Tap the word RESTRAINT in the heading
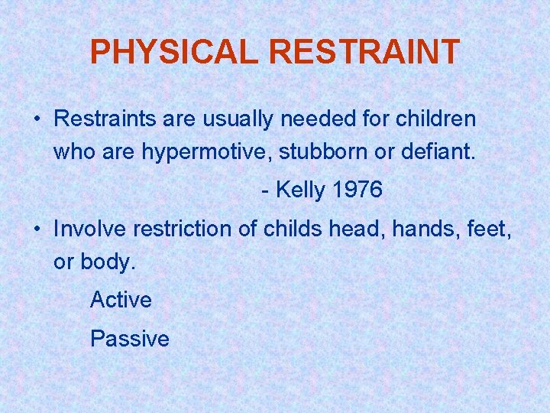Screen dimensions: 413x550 click(x=364, y=52)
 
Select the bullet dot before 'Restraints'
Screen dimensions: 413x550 click(x=37, y=120)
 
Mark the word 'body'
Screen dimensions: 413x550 click(x=107, y=262)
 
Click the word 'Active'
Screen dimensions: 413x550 click(x=121, y=300)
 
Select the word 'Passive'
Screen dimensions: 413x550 click(x=130, y=338)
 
